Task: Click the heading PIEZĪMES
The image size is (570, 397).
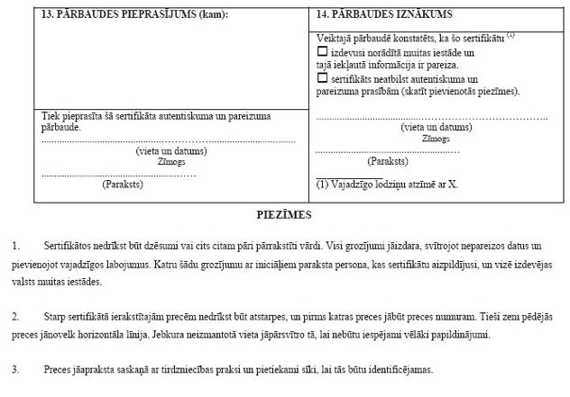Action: [284, 215]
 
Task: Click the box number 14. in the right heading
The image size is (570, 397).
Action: [325, 15]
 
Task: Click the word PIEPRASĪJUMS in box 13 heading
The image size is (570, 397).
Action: [154, 15]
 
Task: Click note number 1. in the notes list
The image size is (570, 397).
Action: [15, 246]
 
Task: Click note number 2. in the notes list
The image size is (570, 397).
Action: [15, 318]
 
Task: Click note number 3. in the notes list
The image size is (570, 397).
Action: [15, 370]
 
